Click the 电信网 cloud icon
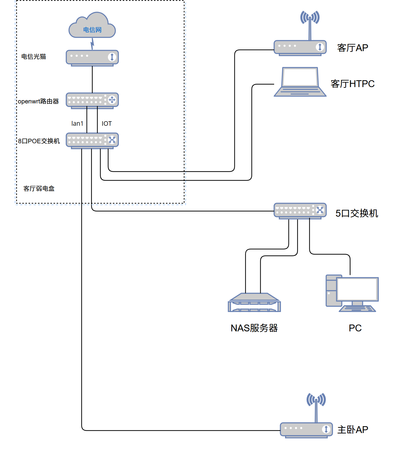click(x=92, y=25)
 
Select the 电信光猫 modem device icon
click(x=92, y=58)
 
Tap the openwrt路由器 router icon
click(x=92, y=101)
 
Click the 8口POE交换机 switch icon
click(x=92, y=141)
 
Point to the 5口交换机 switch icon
click(x=300, y=211)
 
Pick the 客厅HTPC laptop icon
click(x=300, y=82)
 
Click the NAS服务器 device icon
click(x=254, y=302)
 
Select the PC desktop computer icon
click(x=352, y=293)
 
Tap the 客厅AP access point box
click(x=300, y=48)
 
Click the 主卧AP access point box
click(x=306, y=430)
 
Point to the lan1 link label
click(x=77, y=123)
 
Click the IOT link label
click(x=107, y=123)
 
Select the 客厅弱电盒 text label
click(x=39, y=188)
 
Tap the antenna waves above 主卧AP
click(x=316, y=400)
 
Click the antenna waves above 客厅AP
click(x=310, y=17)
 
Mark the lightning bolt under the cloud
click(x=92, y=44)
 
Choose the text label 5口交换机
click(x=357, y=213)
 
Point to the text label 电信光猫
click(x=34, y=56)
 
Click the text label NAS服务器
click(x=254, y=328)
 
